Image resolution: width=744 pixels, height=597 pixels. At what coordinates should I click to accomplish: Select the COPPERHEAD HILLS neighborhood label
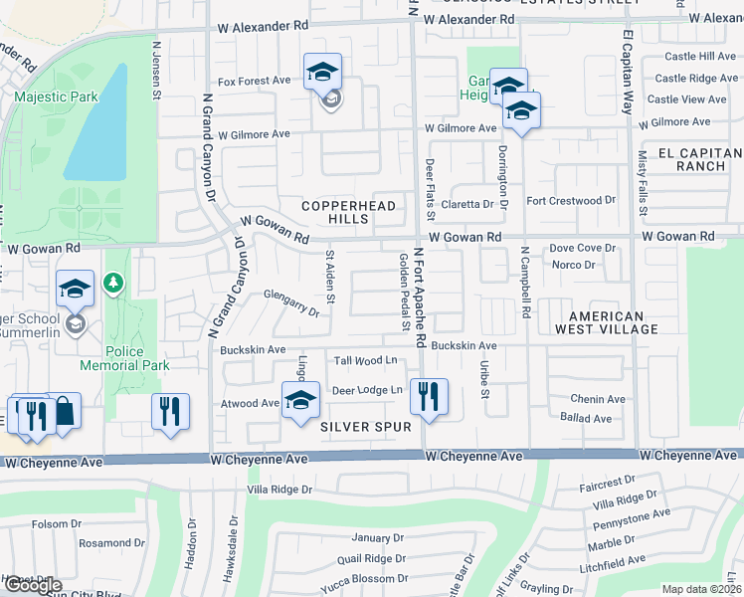point(349,212)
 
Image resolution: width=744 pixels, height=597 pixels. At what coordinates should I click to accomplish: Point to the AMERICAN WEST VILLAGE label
point(606,321)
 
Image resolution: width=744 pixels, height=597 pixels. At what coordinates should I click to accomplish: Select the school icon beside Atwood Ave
point(299,400)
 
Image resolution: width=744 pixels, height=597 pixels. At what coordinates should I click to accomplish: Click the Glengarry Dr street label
point(291,302)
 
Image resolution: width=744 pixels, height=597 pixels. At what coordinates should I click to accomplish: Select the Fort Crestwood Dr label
point(578,201)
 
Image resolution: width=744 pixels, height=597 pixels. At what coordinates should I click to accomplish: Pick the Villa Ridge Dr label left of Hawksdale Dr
point(279,490)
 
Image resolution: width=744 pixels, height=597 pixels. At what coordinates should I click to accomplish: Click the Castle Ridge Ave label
point(696,78)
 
